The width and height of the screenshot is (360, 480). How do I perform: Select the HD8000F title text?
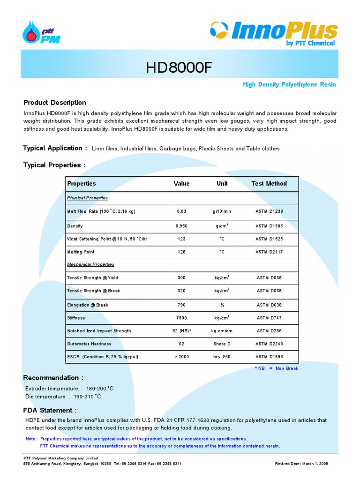180,68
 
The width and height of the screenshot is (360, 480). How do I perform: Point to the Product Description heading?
55,103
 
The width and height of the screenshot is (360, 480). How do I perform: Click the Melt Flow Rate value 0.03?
181,211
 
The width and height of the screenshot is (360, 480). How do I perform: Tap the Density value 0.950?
181,226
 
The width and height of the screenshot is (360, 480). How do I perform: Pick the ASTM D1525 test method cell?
269,239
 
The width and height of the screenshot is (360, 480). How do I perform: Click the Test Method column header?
269,184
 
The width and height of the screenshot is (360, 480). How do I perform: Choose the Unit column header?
222,184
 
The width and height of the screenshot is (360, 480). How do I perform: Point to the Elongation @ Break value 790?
181,305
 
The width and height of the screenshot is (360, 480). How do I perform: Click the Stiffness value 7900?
181,318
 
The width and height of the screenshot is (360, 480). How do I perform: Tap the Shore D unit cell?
222,344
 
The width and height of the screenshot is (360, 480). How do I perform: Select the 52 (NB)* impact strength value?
182,331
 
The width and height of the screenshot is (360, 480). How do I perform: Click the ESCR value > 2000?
181,357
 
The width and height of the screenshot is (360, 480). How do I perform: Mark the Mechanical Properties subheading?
90,264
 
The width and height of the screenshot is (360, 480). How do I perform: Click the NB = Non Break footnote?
277,368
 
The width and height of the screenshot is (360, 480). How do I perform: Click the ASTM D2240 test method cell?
269,344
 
